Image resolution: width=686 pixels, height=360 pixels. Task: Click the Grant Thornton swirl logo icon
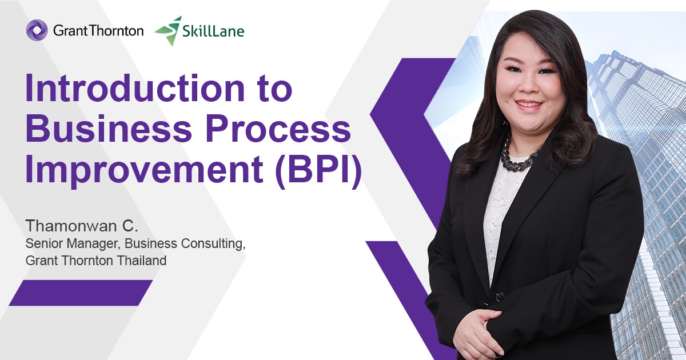point(37,30)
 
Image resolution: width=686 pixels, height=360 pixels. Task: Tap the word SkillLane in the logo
point(213,31)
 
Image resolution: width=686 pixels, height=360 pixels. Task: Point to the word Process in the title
point(274,130)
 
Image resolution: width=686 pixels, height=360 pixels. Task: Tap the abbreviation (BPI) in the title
point(318,171)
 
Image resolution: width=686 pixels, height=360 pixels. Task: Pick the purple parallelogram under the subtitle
point(81,293)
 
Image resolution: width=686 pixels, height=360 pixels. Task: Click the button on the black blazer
point(500,297)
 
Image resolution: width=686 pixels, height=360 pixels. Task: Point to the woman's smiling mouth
point(528,105)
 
